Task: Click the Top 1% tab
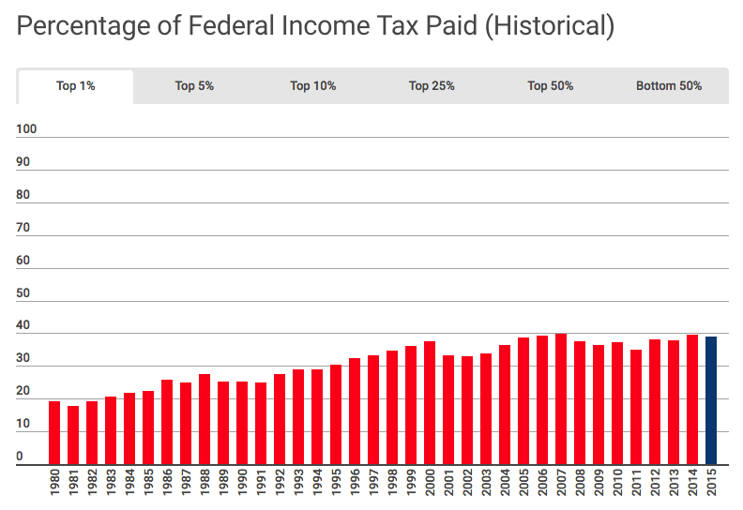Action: pos(75,86)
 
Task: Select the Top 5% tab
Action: pos(194,86)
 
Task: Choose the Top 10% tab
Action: pos(313,86)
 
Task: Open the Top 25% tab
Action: pos(432,86)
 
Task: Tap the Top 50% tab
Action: pos(551,86)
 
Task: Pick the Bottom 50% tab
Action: pos(669,86)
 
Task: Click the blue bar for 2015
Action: pos(711,400)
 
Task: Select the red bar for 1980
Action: pos(54,432)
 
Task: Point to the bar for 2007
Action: pos(561,398)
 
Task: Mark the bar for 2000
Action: pos(430,402)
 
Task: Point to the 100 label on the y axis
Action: pos(26,129)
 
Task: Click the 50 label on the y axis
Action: pos(23,293)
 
